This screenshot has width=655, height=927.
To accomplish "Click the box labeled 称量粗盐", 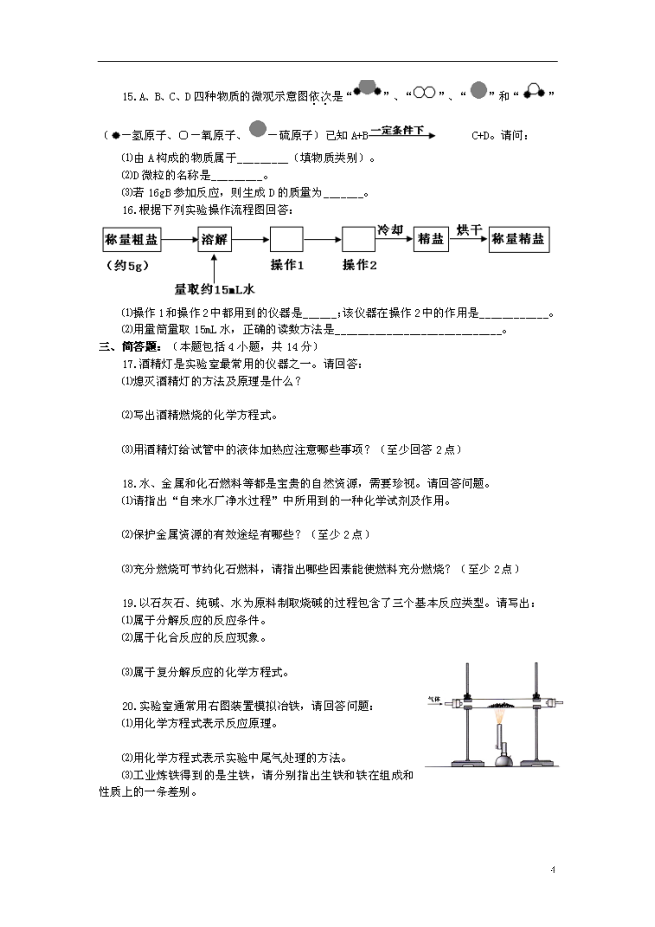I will coord(132,239).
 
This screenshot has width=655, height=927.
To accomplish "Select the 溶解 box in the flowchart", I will coord(214,239).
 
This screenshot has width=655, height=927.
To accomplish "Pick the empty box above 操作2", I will coord(358,239).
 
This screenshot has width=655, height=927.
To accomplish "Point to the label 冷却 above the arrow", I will coord(390,230).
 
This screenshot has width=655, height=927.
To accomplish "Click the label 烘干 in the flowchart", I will coord(469,230).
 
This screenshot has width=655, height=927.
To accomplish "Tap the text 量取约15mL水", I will coord(214,290).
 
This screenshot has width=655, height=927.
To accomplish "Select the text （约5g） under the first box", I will coord(128,266).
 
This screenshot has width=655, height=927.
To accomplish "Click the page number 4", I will coord(553,869).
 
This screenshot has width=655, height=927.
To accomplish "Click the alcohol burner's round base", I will coord(504,759).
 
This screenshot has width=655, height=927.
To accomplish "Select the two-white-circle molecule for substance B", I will coord(424,93).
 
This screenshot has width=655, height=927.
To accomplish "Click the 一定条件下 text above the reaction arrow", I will coord(397,130).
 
